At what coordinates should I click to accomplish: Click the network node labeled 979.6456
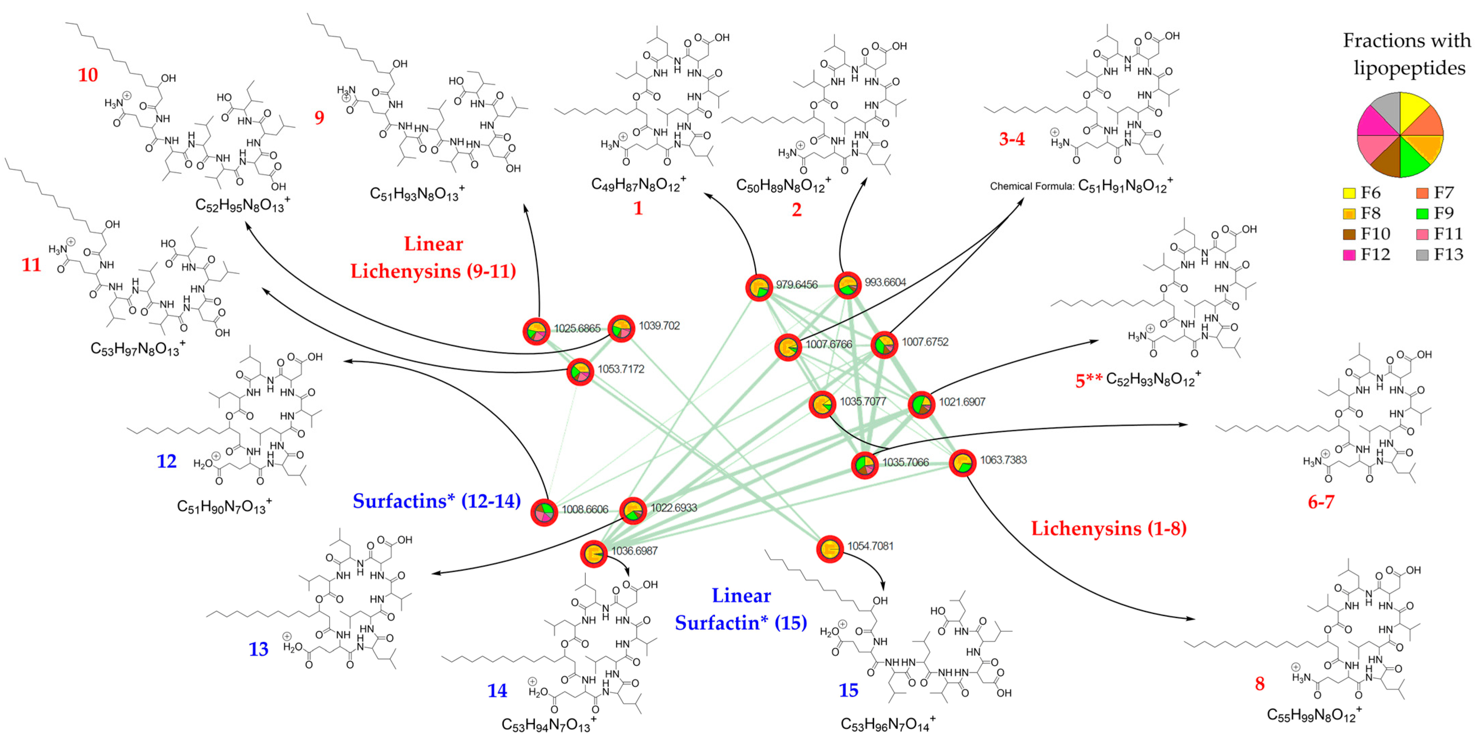click(759, 287)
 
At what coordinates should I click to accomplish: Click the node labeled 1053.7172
click(580, 372)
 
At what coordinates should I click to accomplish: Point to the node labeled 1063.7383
click(962, 463)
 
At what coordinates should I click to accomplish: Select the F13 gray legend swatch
click(1422, 255)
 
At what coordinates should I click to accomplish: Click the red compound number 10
click(88, 75)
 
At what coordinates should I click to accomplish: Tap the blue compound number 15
click(849, 691)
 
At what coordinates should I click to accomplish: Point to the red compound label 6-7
click(1321, 502)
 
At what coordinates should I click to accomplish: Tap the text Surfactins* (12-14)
click(437, 501)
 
